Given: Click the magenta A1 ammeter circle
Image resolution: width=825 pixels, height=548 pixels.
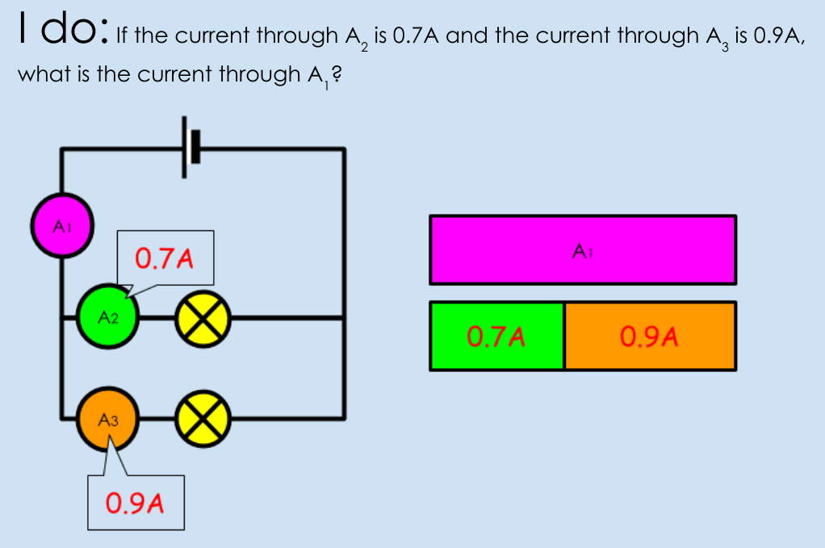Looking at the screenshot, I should pyautogui.click(x=62, y=225).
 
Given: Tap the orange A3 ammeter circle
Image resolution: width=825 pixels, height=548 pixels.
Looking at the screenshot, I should pyautogui.click(x=107, y=420).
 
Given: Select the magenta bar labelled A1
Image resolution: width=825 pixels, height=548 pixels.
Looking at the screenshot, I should pyautogui.click(x=583, y=249).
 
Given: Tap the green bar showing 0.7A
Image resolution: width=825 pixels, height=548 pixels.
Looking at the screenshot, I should pyautogui.click(x=497, y=336).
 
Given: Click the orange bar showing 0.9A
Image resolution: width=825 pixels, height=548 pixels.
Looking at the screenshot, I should pyautogui.click(x=650, y=336).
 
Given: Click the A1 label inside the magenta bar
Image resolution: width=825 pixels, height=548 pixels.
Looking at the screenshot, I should pyautogui.click(x=583, y=252).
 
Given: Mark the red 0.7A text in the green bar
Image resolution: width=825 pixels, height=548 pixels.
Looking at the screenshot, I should pyautogui.click(x=497, y=336).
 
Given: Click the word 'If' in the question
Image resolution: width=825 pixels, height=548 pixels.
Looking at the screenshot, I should pyautogui.click(x=123, y=36).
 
